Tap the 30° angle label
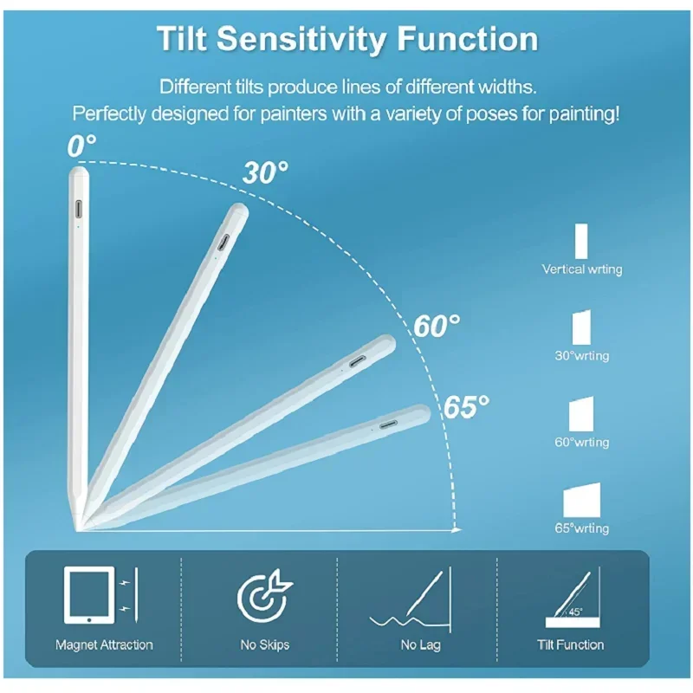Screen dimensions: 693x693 coord(265,172)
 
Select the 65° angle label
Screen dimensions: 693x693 coord(467,405)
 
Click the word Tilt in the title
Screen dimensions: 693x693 coord(184,39)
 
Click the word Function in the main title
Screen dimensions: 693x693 coord(461,39)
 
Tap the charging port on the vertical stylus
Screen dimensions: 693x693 coord(79,210)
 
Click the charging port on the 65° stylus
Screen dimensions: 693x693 coord(387,424)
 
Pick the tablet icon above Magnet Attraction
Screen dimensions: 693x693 coord(89,595)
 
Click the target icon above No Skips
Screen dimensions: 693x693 coord(261,596)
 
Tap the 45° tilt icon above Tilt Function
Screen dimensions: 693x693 coord(568,598)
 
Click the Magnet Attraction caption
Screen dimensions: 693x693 coord(104,644)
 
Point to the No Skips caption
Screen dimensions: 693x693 coord(265,644)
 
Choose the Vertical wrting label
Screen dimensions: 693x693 coord(582,269)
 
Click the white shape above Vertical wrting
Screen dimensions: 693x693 coord(581,240)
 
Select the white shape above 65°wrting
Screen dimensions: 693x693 coord(582,501)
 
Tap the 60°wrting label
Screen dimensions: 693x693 coord(582,443)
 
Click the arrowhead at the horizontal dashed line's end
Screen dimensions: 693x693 coord(457,528)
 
